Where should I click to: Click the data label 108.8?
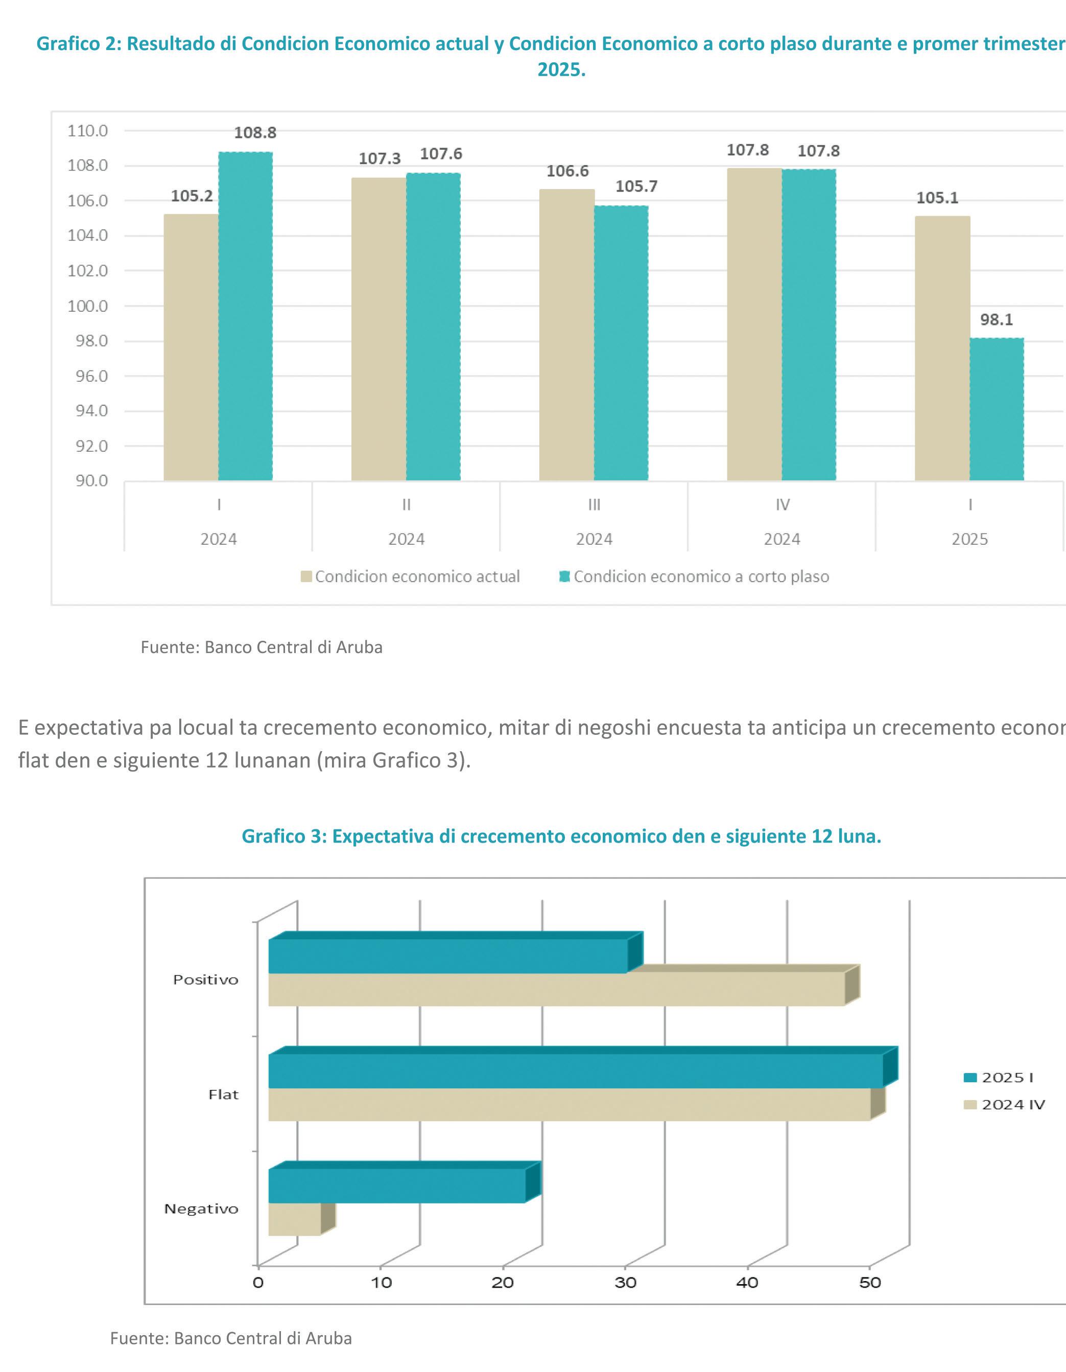tap(255, 132)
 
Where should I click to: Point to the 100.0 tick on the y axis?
tap(88, 306)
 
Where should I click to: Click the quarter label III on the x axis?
tap(594, 504)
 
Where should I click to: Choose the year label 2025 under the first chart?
tap(969, 539)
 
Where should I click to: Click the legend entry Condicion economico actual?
tap(417, 577)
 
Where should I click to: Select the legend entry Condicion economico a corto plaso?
tap(701, 577)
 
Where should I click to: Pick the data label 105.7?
tap(636, 186)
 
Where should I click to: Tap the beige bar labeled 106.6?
tap(566, 335)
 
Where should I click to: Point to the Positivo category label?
tap(206, 980)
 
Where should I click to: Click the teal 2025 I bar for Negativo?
tap(397, 1185)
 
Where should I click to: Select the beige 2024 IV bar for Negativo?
tap(294, 1219)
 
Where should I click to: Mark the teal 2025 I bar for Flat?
tap(575, 1071)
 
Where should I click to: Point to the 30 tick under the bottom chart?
tap(625, 1283)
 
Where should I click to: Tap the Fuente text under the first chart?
tap(261, 647)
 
